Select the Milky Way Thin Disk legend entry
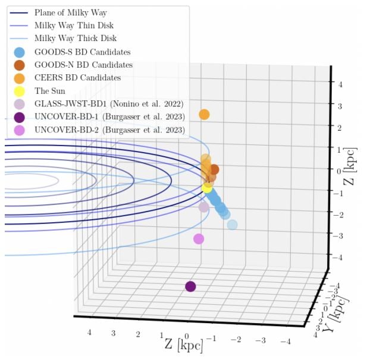click(x=74, y=26)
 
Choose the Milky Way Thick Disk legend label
click(x=75, y=39)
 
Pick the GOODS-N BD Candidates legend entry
click(x=83, y=65)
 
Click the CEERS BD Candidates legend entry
click(x=77, y=78)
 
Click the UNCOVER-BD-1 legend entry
click(x=109, y=116)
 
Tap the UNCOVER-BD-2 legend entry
click(x=109, y=130)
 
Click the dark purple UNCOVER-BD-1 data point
click(x=190, y=286)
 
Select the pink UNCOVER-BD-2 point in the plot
click(x=199, y=239)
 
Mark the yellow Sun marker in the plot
click(x=208, y=188)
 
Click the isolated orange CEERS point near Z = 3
click(x=205, y=115)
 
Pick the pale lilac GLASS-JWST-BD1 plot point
click(x=204, y=207)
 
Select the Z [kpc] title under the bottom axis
click(x=183, y=344)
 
